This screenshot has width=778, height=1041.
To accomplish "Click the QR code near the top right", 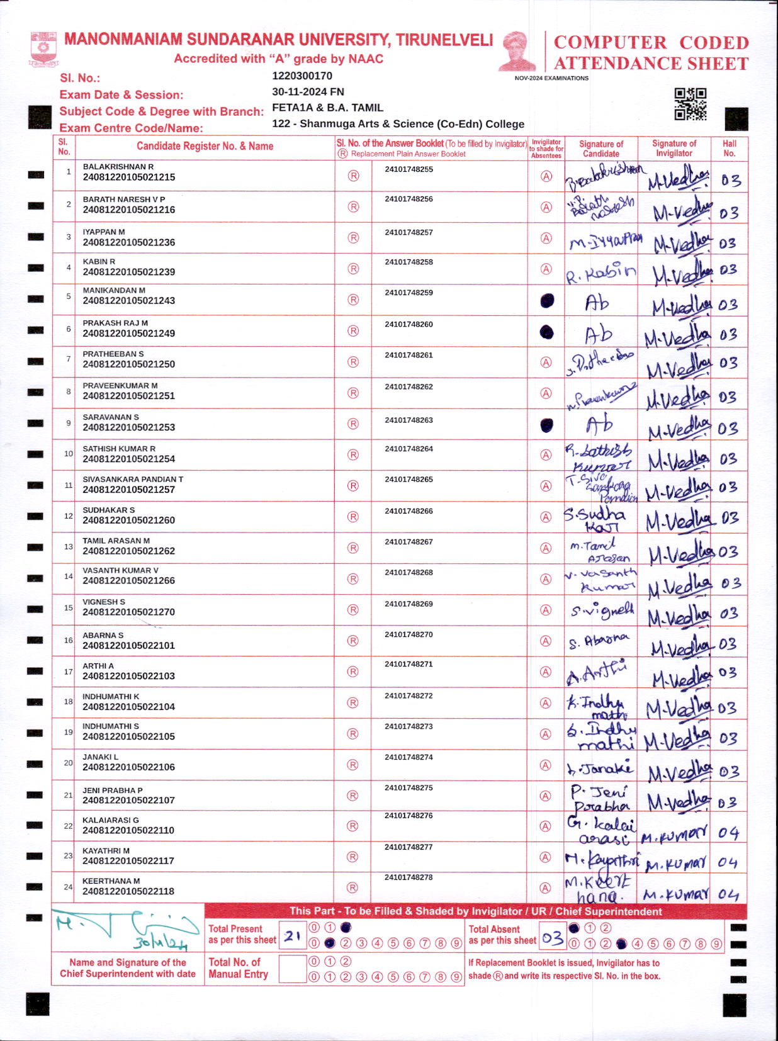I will (x=690, y=104).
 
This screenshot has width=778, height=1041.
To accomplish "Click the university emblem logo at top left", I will (x=43, y=50).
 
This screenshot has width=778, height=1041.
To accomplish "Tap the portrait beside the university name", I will (x=517, y=51).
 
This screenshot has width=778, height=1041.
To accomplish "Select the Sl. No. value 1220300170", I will (x=302, y=76).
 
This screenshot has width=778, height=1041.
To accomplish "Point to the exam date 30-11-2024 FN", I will (x=308, y=92).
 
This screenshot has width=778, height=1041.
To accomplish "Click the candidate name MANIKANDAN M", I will (x=114, y=290).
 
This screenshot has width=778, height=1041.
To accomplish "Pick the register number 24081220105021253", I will (x=129, y=427).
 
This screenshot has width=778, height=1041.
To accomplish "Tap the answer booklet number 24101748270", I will (x=409, y=634).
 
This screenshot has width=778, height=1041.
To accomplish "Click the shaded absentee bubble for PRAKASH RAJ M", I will (x=546, y=332).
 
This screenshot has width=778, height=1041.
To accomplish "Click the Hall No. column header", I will (x=729, y=148).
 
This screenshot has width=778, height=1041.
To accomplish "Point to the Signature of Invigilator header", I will (x=674, y=148).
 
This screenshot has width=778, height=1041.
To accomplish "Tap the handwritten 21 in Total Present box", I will (x=291, y=936).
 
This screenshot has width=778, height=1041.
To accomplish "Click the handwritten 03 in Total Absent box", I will (x=552, y=938).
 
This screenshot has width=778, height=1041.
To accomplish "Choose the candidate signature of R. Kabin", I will (x=600, y=273).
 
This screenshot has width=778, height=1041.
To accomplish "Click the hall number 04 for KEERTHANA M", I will (x=728, y=894).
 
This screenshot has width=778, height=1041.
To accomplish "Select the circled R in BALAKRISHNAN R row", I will (x=353, y=176).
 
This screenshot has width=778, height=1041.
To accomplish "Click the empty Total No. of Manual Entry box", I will (x=292, y=969).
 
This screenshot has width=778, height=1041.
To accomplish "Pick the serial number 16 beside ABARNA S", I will (x=68, y=640).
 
